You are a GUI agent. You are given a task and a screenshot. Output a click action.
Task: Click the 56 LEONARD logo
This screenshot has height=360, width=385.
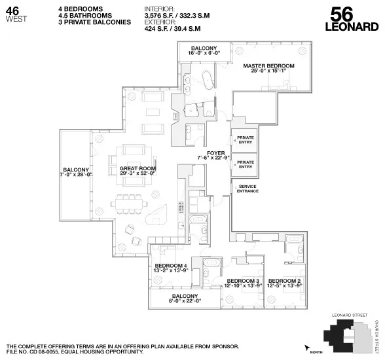point(354,19)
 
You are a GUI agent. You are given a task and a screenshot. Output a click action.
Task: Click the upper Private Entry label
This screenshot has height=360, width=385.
point(246,139)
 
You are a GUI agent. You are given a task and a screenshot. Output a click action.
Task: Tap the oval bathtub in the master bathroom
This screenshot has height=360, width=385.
point(208,80)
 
